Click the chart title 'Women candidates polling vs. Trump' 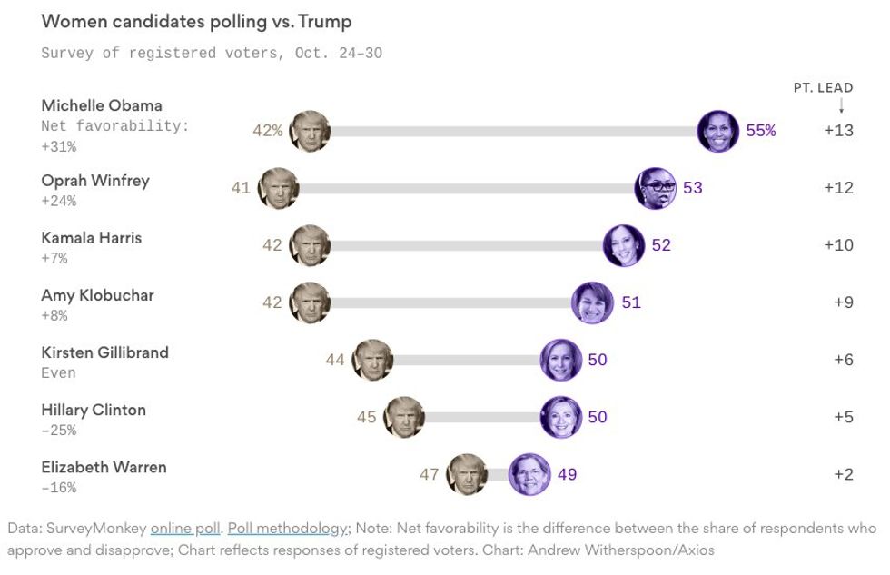196,21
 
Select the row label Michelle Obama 102,105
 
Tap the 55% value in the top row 760,130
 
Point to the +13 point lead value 838,130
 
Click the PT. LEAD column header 823,88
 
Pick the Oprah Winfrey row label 95,180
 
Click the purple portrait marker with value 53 655,188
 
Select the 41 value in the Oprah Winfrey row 241,188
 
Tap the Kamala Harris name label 92,238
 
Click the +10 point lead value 838,245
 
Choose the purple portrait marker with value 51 592,302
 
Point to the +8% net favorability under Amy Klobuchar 54,315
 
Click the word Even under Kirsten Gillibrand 58,372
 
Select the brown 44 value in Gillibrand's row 335,360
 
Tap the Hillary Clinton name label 94,410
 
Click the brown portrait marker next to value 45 403,417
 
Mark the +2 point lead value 843,474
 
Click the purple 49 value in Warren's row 567,474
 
